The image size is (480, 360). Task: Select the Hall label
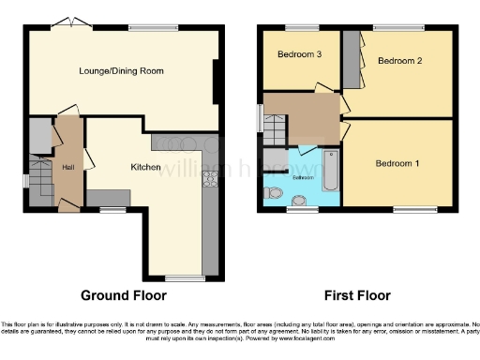67,167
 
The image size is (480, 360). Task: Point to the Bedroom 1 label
397,163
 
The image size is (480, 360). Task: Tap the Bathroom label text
303,176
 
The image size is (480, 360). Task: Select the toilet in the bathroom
272,192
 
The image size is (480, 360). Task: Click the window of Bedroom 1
408,208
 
